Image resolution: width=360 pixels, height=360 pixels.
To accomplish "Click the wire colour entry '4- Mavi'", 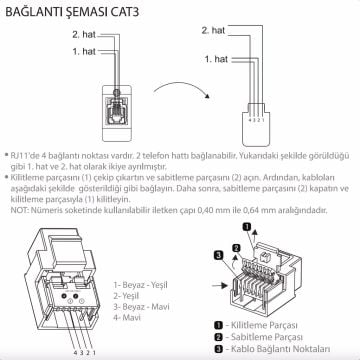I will click(x=129, y=317).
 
